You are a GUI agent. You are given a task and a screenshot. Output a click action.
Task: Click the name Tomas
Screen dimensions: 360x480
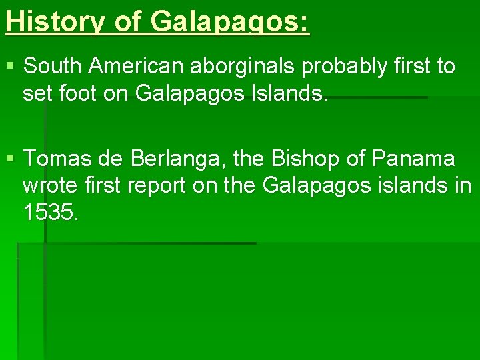point(55,159)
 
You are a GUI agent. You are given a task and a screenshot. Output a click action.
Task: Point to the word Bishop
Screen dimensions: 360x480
point(311,159)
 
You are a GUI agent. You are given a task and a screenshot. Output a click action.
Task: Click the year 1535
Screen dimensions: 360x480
point(50,213)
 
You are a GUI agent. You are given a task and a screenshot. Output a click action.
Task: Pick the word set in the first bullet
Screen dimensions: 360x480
point(35,93)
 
